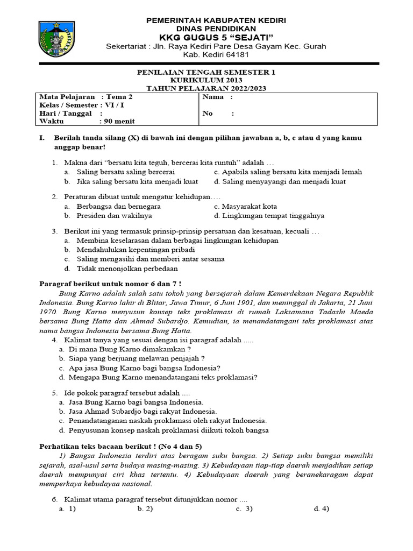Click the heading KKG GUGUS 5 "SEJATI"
tap(210, 37)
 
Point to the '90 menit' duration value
tap(122, 122)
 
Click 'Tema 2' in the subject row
tap(119, 97)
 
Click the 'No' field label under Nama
tap(208, 114)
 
